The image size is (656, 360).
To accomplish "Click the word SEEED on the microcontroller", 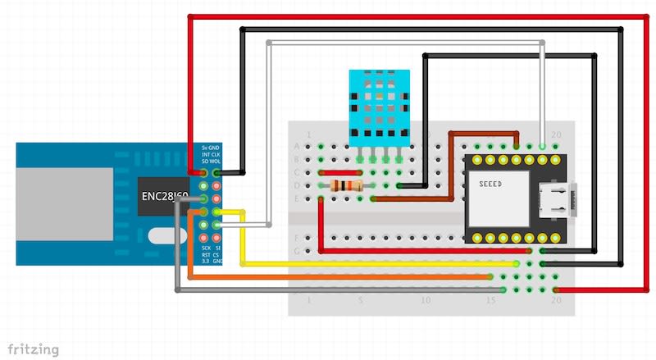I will [490, 184].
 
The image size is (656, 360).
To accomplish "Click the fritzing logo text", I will [34, 349].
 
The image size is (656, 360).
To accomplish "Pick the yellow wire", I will [369, 264].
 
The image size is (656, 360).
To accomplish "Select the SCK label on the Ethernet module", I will [206, 247].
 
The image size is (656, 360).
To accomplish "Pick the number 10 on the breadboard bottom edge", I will [424, 301].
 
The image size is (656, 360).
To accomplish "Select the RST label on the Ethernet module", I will [205, 255].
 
